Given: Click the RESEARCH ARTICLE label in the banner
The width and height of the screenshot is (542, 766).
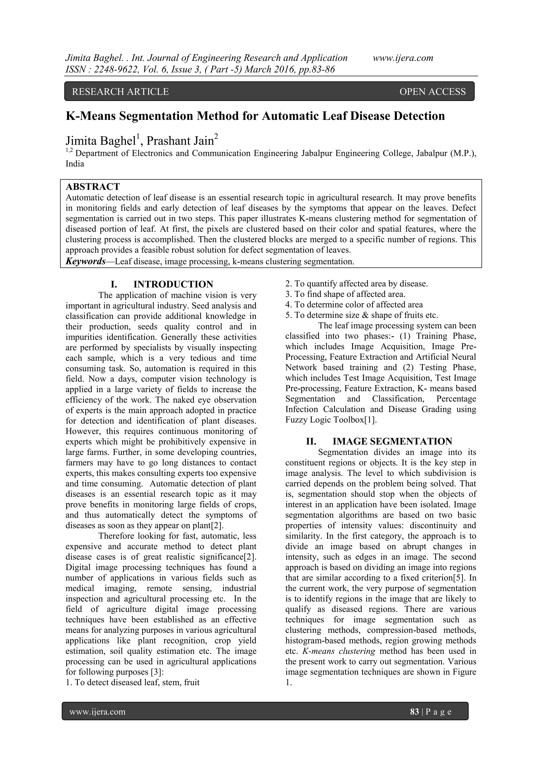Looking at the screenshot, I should [x=120, y=92].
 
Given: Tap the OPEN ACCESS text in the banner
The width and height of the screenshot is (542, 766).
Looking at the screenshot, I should [x=432, y=92].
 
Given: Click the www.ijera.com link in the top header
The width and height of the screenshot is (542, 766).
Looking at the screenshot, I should [x=403, y=58].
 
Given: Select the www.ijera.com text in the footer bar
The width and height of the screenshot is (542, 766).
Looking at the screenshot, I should [x=97, y=711].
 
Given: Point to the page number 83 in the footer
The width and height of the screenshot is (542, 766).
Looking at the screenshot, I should [x=414, y=711].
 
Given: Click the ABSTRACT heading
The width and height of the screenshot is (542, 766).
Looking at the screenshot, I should [x=93, y=187].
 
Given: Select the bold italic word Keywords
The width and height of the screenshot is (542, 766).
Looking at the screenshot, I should [x=86, y=261].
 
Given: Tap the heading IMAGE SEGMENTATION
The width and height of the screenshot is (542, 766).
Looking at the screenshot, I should [x=392, y=441].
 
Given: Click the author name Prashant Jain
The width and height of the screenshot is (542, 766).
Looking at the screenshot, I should [x=180, y=141].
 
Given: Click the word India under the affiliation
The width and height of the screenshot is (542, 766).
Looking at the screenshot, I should [x=75, y=164].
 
